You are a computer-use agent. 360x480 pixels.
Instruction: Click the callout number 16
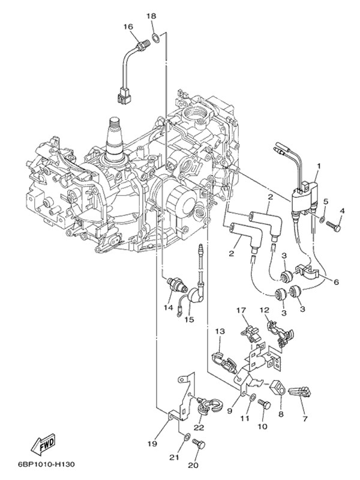coord(128,26)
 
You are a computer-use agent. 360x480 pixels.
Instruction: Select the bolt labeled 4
coord(334,227)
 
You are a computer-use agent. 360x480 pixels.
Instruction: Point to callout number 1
coord(319,165)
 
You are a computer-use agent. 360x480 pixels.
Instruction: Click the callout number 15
coord(190,320)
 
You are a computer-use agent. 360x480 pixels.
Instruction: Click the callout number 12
coord(264,310)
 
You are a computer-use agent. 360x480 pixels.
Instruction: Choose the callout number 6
coord(336,282)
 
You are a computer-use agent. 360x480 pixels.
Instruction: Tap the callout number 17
coord(241,310)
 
